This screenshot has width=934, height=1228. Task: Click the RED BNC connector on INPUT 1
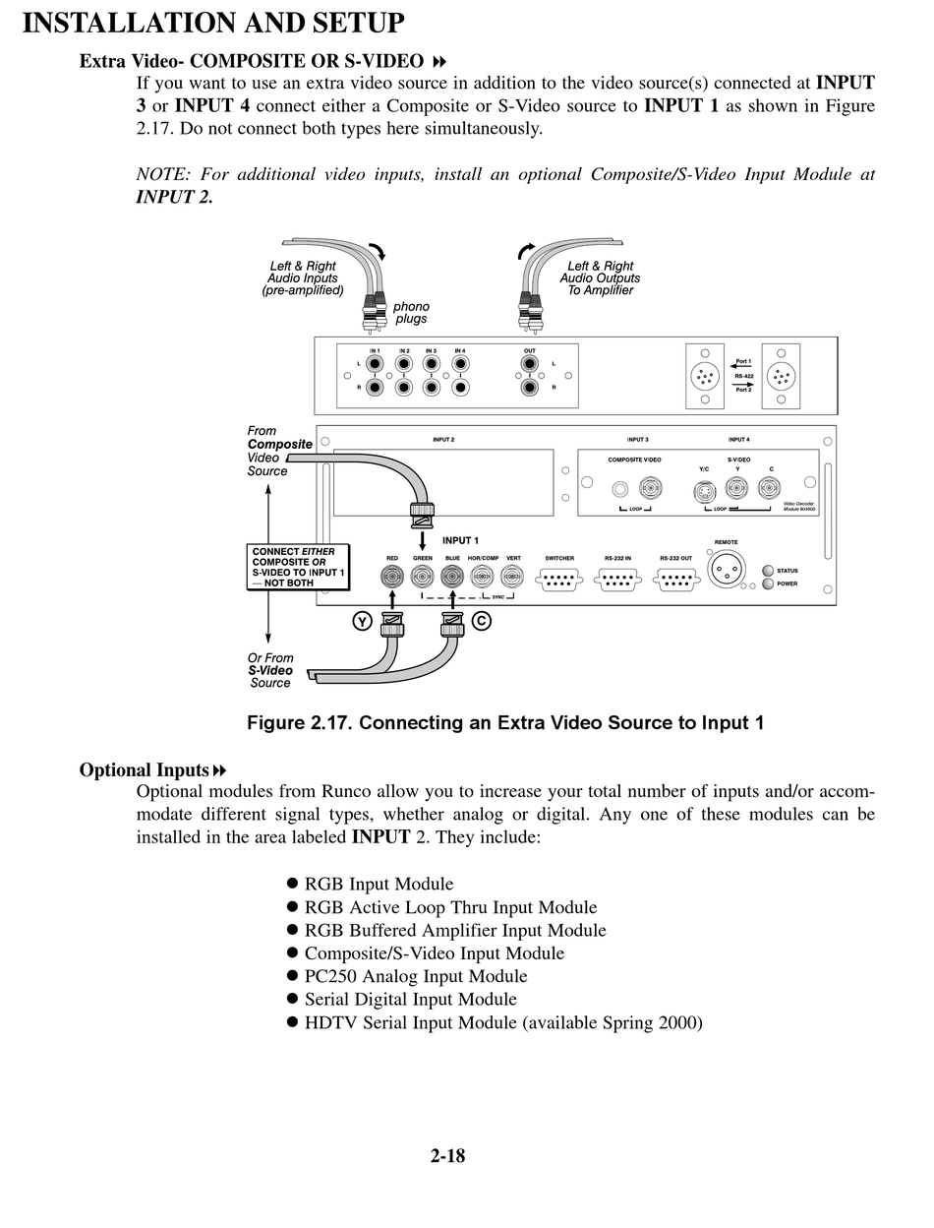pyautogui.click(x=392, y=577)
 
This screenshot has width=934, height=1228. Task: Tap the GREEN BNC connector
pyautogui.click(x=423, y=577)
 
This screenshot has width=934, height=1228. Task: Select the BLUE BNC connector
pyautogui.click(x=452, y=577)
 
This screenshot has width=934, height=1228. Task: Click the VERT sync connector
pyautogui.click(x=512, y=577)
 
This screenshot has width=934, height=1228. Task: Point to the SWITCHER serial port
pyautogui.click(x=559, y=579)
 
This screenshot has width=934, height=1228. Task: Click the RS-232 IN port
pyautogui.click(x=617, y=579)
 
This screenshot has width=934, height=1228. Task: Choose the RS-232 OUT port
pyautogui.click(x=675, y=579)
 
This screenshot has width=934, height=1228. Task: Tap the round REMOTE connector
pyautogui.click(x=727, y=573)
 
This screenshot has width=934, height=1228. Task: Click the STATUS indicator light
pyautogui.click(x=768, y=571)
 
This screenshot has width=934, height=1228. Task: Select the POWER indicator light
pyautogui.click(x=768, y=583)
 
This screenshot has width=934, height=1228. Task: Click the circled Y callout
pyautogui.click(x=362, y=621)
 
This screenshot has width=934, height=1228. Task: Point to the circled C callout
pyautogui.click(x=481, y=621)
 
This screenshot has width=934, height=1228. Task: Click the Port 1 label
pyautogui.click(x=743, y=361)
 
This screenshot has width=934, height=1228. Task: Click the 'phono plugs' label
pyautogui.click(x=411, y=313)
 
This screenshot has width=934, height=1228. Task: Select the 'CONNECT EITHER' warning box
pyautogui.click(x=298, y=568)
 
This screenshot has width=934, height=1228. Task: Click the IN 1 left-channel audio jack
pyautogui.click(x=375, y=364)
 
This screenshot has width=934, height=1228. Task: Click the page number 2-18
pyautogui.click(x=447, y=1156)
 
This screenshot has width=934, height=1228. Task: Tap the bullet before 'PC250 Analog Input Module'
pyautogui.click(x=292, y=976)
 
